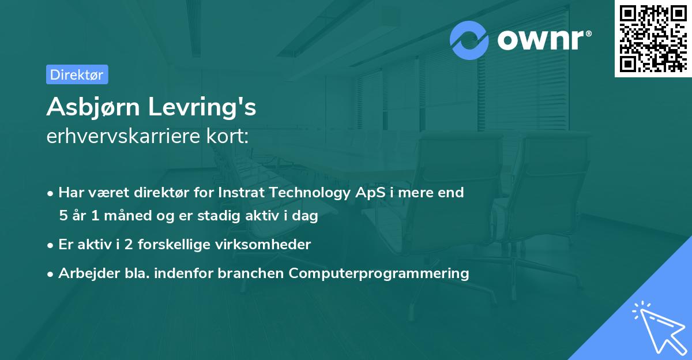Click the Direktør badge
(x=77, y=74)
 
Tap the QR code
(x=652, y=38)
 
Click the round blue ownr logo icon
(x=469, y=40)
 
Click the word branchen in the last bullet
(x=251, y=273)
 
